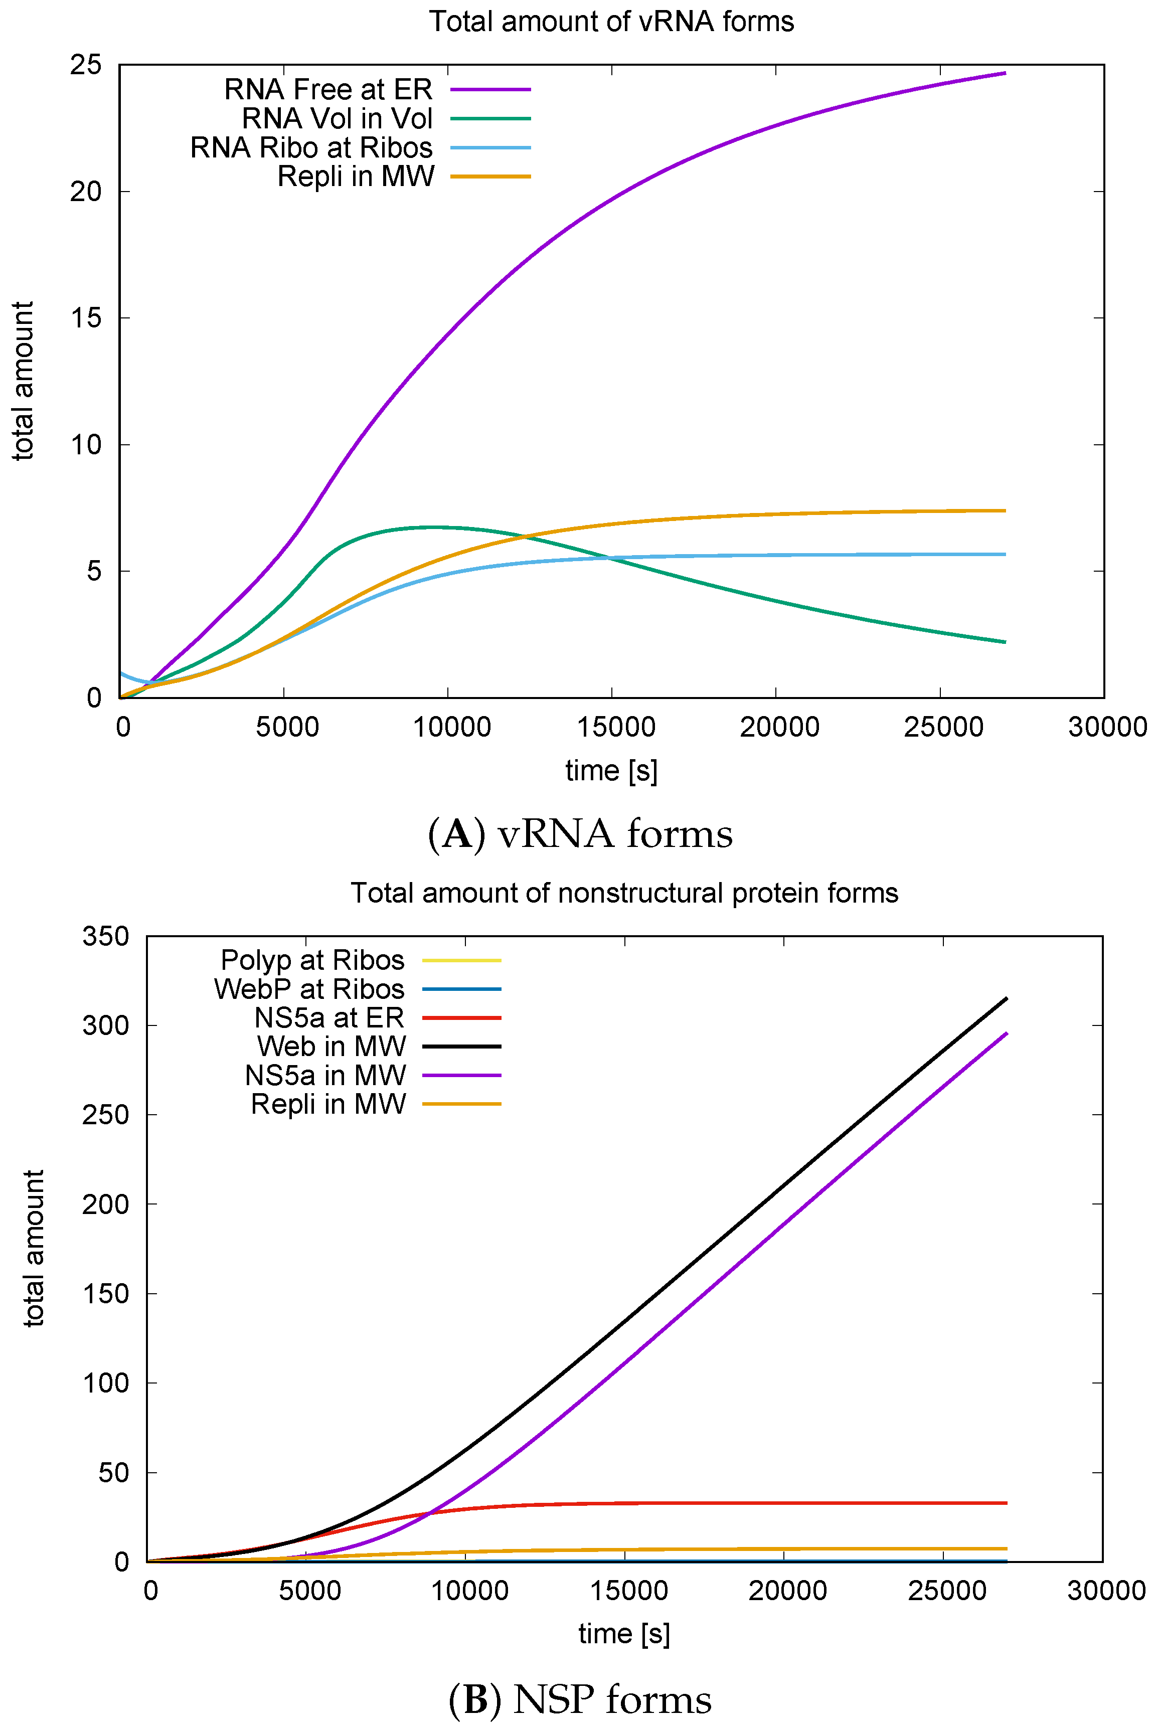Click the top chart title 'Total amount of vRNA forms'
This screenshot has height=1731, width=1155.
(x=611, y=22)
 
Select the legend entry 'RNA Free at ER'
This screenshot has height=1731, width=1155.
(x=328, y=89)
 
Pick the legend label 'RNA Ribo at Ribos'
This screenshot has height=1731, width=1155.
(x=311, y=147)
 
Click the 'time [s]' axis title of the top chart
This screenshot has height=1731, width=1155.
(x=611, y=771)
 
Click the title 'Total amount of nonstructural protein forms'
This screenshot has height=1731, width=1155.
(x=624, y=893)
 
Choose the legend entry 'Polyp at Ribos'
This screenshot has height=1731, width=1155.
(x=312, y=960)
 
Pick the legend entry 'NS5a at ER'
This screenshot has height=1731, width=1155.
(x=329, y=1017)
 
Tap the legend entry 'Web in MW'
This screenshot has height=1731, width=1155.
(x=332, y=1046)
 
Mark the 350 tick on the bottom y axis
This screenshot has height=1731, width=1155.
(x=105, y=937)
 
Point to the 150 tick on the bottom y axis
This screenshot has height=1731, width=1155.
(x=105, y=1294)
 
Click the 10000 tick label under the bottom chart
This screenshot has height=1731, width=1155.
(x=469, y=1591)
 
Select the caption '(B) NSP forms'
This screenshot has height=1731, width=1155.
(x=580, y=1699)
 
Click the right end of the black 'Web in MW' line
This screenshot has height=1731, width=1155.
(x=1006, y=998)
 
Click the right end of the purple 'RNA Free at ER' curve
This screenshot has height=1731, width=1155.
(x=1005, y=73)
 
